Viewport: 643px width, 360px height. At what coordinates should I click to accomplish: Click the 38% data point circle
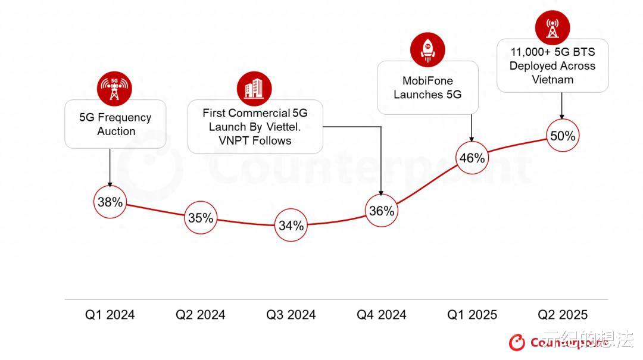tap(110, 202)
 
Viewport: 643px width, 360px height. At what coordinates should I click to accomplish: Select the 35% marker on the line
tap(201, 218)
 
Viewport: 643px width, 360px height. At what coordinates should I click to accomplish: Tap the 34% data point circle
tap(291, 226)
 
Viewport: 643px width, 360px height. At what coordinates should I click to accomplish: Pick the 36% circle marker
tap(382, 211)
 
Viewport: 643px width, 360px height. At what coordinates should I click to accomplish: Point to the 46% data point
tap(472, 158)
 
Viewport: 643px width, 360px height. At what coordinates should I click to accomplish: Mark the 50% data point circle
tap(563, 136)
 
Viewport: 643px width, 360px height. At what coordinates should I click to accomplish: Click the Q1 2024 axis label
tap(110, 315)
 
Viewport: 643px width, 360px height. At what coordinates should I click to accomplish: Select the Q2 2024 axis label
tap(201, 315)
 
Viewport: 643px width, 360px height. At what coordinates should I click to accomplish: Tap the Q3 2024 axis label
tap(291, 315)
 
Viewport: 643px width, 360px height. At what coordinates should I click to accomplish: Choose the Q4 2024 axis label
tap(382, 315)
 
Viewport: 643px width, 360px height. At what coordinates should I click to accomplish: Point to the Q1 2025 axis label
tap(472, 315)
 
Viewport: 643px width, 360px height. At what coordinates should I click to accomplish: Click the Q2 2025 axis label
tap(563, 315)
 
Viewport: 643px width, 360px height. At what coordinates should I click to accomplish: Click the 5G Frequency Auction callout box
tap(116, 124)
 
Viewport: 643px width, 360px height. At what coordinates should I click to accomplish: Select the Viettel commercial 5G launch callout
tap(255, 127)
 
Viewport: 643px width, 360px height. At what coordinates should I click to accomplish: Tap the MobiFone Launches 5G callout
tap(427, 87)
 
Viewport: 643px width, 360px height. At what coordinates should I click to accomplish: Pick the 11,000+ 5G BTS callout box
tap(553, 65)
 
